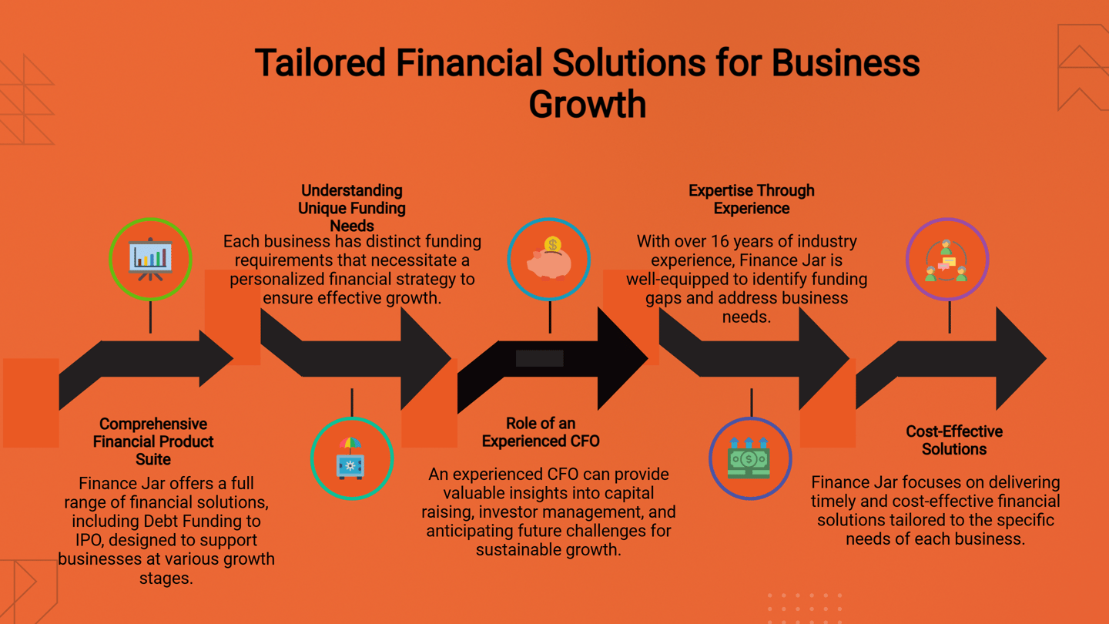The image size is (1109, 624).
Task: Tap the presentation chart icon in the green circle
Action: click(150, 259)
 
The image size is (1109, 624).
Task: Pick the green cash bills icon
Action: click(749, 459)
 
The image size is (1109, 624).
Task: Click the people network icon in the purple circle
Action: click(947, 260)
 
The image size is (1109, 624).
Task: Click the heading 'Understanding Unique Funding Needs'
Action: click(352, 208)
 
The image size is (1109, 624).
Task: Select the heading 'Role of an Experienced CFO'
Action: click(541, 432)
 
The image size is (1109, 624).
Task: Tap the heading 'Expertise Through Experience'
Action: click(751, 200)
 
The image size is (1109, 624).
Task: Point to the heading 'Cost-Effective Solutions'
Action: click(953, 440)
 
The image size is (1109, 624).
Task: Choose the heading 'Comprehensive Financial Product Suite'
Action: click(153, 441)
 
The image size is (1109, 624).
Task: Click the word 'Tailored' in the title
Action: click(320, 63)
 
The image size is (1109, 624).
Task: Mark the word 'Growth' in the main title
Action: click(587, 104)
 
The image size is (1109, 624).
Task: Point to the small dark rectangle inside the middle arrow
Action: click(539, 358)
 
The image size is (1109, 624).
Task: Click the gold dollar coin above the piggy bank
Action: click(552, 245)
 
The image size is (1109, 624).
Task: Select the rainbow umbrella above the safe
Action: click(350, 445)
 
